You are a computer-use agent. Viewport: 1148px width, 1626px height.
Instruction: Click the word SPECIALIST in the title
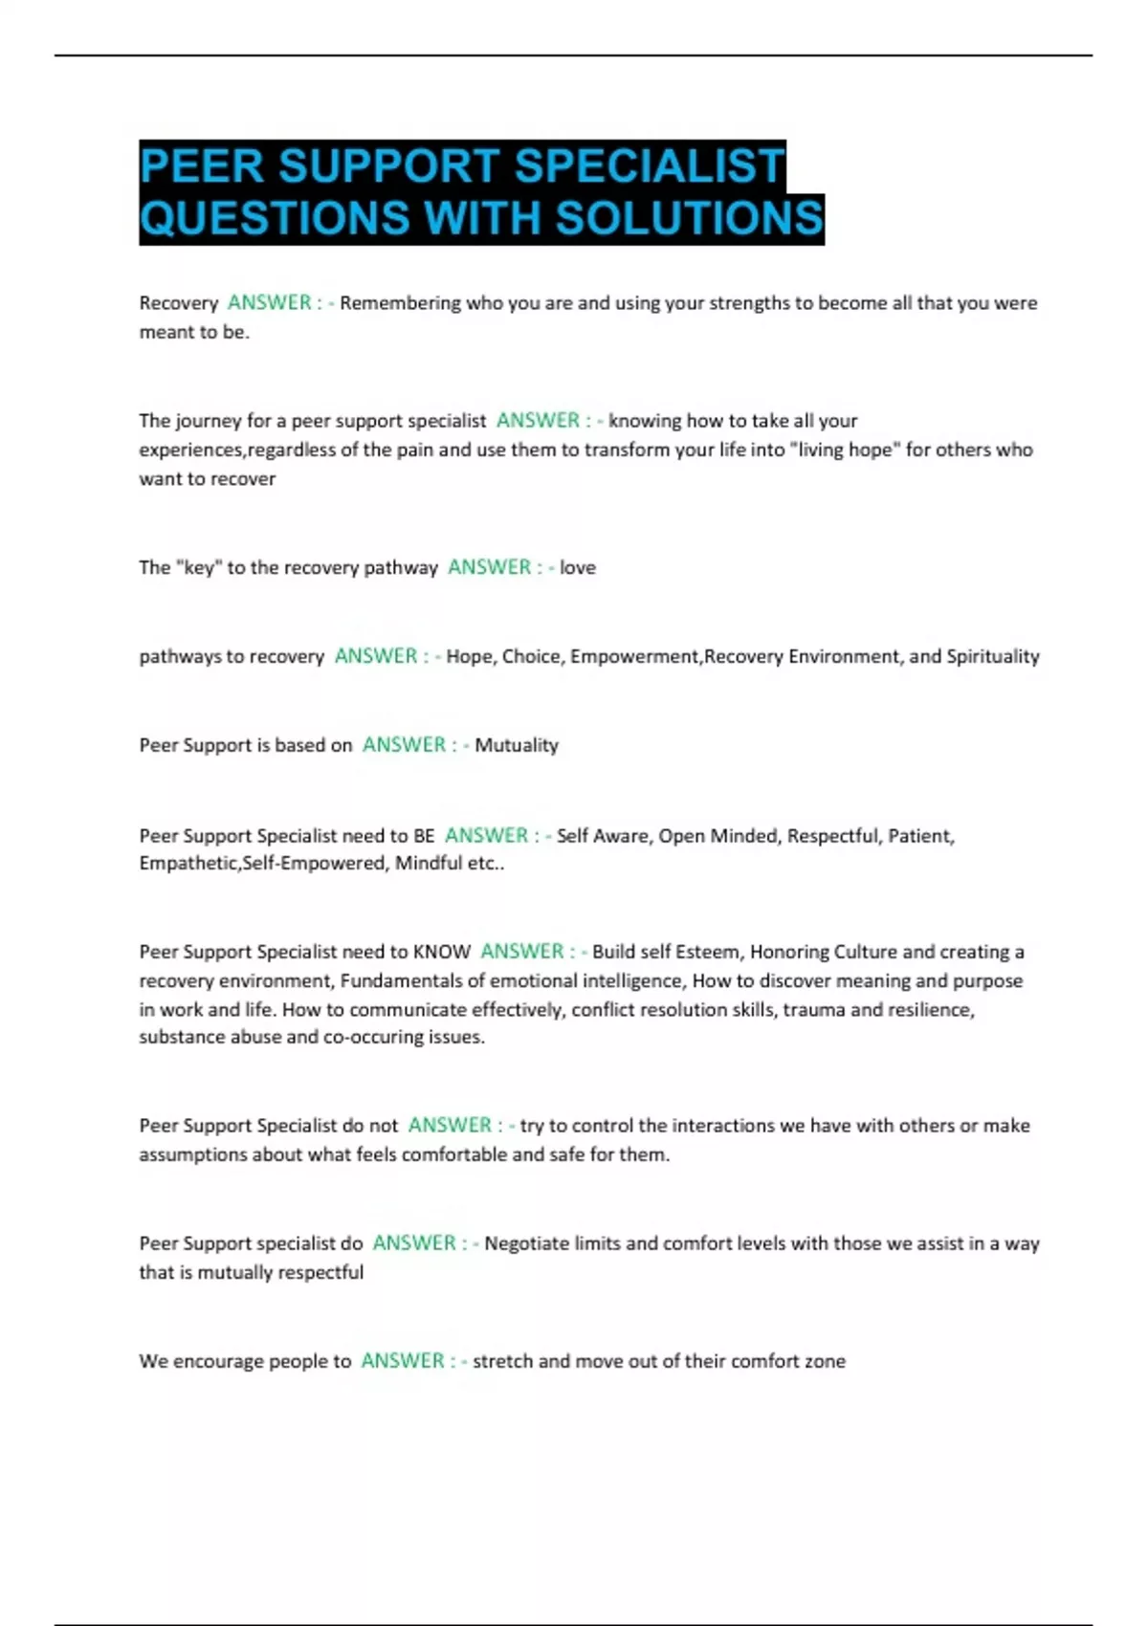point(650,166)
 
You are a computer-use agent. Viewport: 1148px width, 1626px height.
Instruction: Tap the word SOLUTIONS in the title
point(689,218)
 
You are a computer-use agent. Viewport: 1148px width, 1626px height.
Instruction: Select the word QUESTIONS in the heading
point(276,218)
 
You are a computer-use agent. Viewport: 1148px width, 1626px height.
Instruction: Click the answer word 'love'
point(578,567)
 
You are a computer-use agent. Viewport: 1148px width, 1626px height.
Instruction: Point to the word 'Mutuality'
point(517,745)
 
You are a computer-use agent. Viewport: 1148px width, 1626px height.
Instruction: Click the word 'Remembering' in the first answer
point(400,303)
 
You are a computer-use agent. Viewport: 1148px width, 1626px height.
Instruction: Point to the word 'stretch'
point(501,1361)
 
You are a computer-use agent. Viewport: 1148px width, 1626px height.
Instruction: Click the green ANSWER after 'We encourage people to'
point(403,1361)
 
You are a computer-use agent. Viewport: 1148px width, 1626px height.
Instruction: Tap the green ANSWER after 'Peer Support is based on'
point(404,745)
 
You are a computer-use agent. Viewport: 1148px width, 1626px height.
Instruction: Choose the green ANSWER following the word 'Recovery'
point(270,303)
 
